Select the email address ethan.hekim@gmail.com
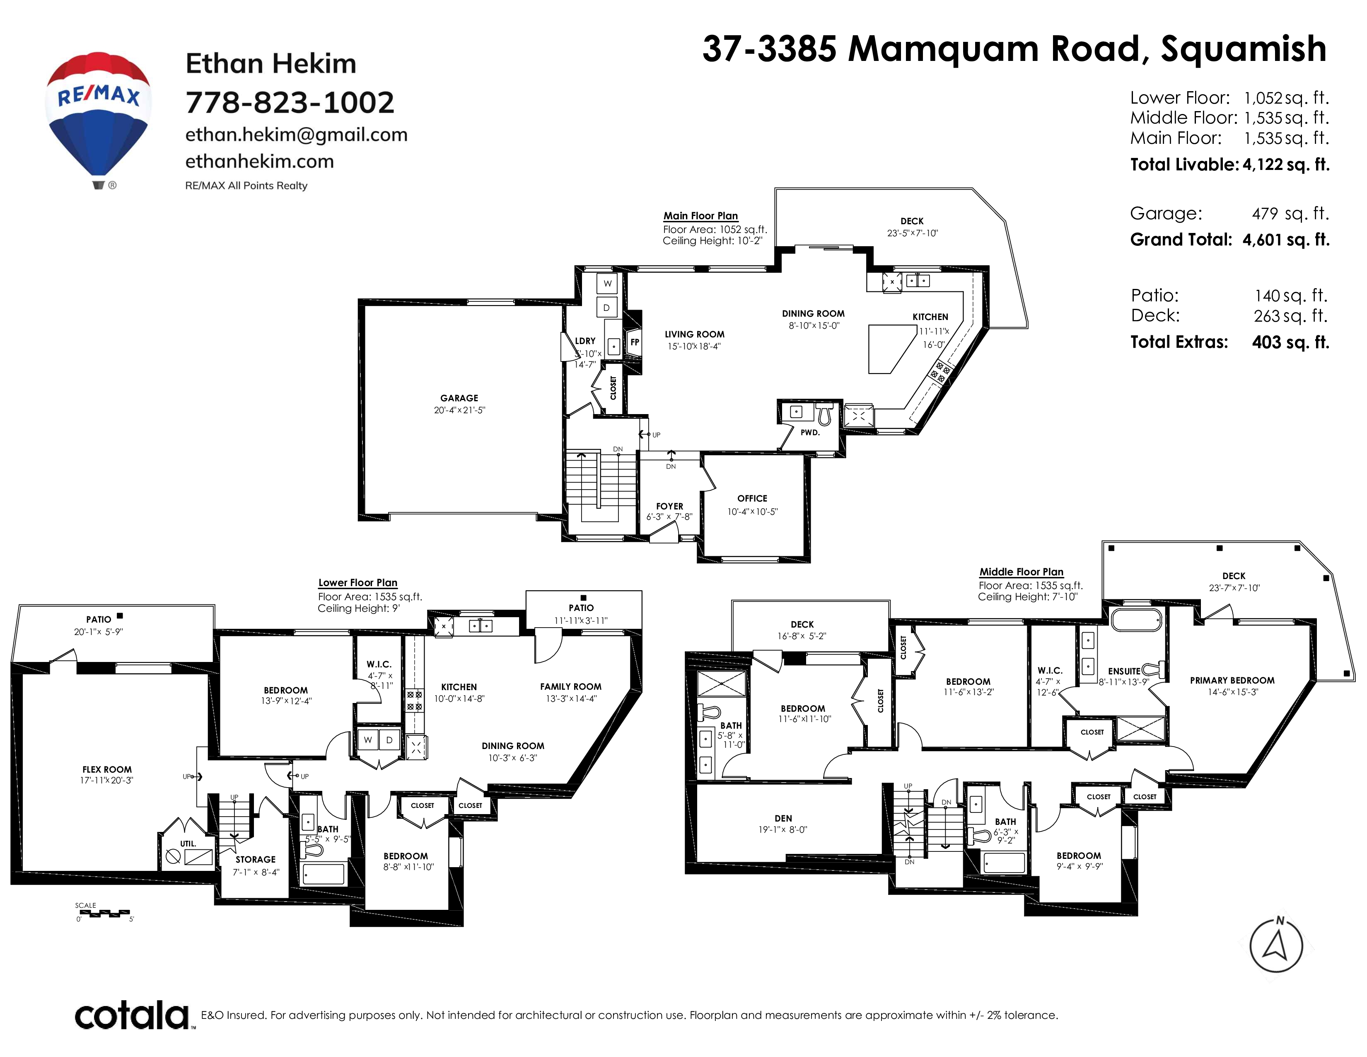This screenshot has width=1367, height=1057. [296, 135]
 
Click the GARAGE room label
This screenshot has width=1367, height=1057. [459, 398]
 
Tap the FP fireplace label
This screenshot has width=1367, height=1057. [635, 342]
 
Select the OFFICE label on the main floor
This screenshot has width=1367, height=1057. [752, 498]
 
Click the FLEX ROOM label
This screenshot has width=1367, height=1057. [107, 770]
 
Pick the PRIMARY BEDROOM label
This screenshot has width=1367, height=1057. [1232, 681]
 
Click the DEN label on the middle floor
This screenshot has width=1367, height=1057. [783, 818]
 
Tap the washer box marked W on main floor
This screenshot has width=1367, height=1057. [607, 284]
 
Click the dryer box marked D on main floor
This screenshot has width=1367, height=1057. [606, 308]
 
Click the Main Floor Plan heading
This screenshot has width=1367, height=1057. [700, 216]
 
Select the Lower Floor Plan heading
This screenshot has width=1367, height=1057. [357, 583]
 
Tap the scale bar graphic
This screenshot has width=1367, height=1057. [104, 914]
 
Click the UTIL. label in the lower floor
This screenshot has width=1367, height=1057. [188, 844]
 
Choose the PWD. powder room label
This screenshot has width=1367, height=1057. [810, 432]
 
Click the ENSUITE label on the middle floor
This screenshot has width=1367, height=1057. [1124, 671]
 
